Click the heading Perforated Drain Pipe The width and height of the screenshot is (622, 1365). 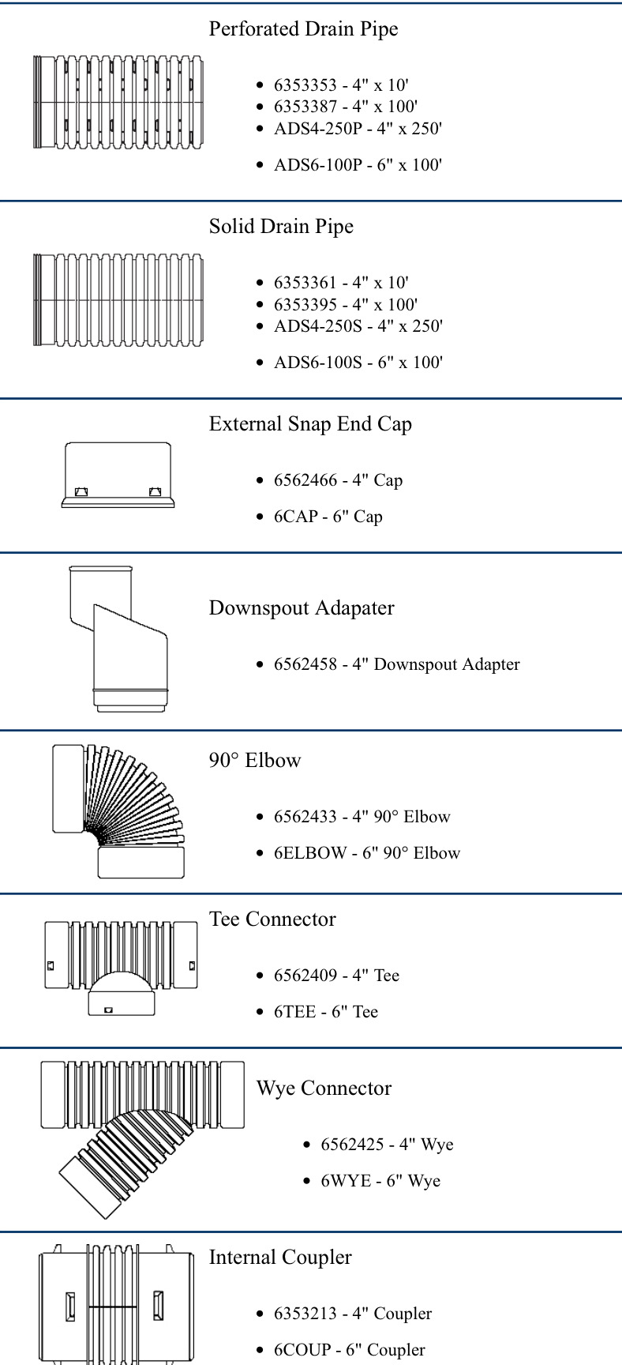click(x=303, y=29)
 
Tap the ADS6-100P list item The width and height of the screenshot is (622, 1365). click(x=358, y=165)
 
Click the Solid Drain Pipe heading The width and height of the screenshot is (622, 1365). click(x=281, y=227)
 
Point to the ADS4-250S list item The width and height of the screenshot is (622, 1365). click(x=358, y=326)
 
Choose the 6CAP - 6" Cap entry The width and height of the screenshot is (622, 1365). click(x=328, y=517)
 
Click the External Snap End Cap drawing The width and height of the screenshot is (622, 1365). click(x=118, y=475)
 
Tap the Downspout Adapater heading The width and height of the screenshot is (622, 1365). click(x=302, y=608)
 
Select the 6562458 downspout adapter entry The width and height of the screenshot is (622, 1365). click(x=397, y=664)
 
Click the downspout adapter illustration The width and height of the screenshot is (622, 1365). click(x=118, y=638)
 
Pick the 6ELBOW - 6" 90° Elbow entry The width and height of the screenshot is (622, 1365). click(x=367, y=853)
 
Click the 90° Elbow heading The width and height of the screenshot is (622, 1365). click(x=255, y=761)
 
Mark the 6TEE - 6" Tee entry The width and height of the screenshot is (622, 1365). click(x=326, y=1012)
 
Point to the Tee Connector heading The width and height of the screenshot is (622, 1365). click(x=272, y=919)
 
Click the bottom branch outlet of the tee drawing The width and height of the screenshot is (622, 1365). click(x=121, y=1004)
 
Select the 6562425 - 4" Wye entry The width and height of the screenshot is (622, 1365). click(x=387, y=1145)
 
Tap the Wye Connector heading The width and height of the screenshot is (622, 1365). click(x=324, y=1089)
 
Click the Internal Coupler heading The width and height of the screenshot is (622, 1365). click(x=280, y=1258)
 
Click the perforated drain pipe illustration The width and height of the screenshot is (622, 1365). click(x=118, y=102)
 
